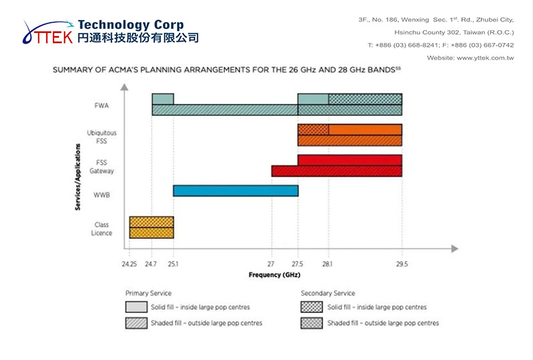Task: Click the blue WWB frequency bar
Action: (235, 190)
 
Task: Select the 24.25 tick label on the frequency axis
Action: (129, 264)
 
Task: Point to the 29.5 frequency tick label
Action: (402, 264)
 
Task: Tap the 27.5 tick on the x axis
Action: (297, 264)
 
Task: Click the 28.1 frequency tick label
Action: (327, 264)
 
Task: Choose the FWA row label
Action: (102, 106)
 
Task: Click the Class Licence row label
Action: (101, 229)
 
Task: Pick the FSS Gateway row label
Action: (101, 166)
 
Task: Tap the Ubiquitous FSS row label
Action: (101, 137)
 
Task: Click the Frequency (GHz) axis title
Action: (274, 275)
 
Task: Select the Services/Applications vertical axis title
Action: (78, 177)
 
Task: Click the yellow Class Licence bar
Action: (152, 227)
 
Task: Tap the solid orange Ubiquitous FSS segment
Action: (365, 130)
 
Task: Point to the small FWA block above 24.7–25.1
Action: (163, 99)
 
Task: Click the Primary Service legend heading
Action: (148, 293)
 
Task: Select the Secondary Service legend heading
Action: (328, 293)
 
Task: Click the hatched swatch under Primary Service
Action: (136, 323)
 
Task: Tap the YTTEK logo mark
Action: (48, 32)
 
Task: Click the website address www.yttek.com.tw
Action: (485, 58)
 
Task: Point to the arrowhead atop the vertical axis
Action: (125, 87)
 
